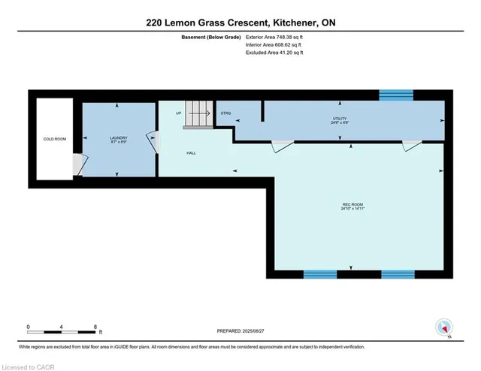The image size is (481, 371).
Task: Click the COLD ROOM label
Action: tap(52, 139)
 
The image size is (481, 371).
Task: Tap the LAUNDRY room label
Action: tap(117, 137)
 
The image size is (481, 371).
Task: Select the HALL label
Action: tap(192, 152)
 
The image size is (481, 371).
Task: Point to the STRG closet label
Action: tap(225, 113)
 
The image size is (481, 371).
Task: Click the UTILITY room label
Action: tap(340, 119)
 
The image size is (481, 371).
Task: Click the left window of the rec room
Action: tap(320, 274)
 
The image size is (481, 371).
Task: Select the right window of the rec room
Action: tap(398, 274)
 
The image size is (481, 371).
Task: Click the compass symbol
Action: tap(444, 327)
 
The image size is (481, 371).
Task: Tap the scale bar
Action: tap(61, 330)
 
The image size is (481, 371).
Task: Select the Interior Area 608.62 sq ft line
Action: tap(277, 45)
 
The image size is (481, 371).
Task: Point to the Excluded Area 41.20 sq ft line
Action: tap(278, 53)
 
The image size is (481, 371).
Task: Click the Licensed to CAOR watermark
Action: tap(30, 366)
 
